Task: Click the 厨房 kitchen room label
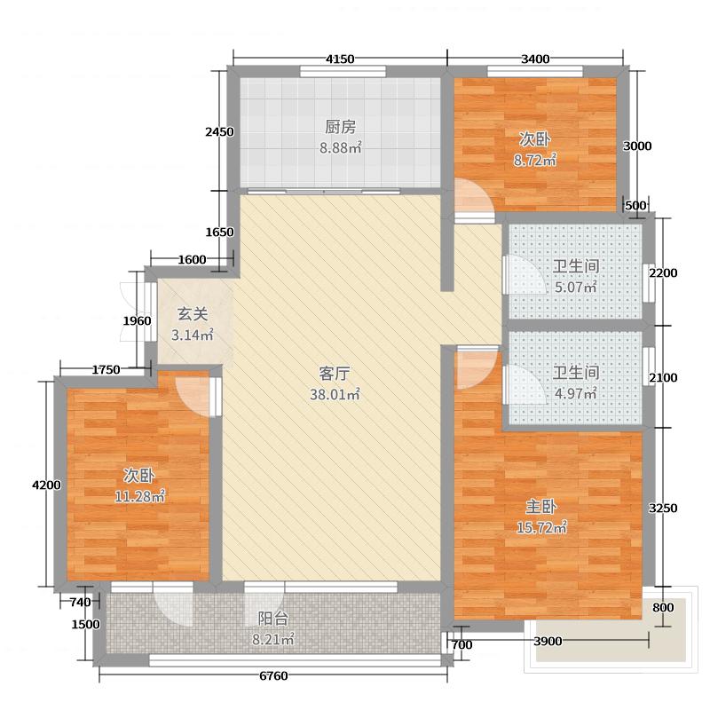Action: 340,126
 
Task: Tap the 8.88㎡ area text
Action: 340,148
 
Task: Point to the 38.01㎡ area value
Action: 333,394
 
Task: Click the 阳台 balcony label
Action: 272,619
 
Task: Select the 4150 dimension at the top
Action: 340,59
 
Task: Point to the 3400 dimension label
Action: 535,59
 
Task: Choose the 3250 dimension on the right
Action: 664,509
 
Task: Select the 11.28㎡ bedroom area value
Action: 140,496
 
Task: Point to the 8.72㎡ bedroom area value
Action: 534,161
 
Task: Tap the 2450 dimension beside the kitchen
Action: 219,132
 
